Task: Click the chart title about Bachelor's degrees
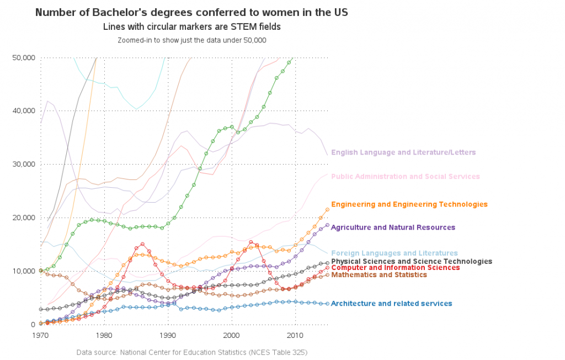coord(191,12)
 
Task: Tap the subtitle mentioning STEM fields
coord(191,27)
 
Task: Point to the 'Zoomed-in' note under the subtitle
coord(191,40)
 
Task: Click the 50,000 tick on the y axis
coord(24,58)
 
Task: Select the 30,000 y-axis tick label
coord(24,165)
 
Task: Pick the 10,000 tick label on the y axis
coord(24,271)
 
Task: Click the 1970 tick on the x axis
coord(41,335)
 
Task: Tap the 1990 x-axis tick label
coord(168,335)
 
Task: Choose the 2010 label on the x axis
coord(295,335)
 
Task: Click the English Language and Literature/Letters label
coord(403,152)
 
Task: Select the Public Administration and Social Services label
coord(406,177)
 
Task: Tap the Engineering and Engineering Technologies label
coord(409,204)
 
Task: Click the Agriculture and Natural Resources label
coord(393,227)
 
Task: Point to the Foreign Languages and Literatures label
coord(395,253)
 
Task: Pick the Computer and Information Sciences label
coord(395,268)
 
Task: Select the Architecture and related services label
coord(392,304)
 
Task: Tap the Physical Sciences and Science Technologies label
coord(412,261)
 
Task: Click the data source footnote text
coord(191,352)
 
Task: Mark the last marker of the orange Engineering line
coord(327,209)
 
